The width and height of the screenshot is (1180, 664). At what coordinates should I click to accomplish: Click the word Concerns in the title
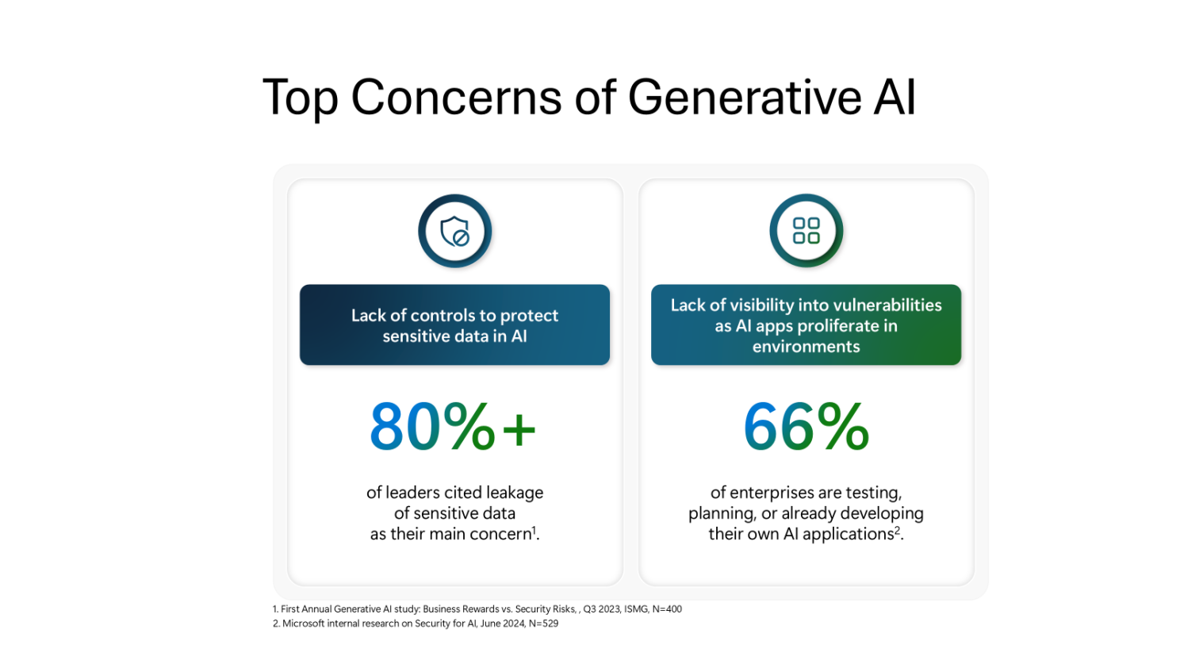[x=456, y=97]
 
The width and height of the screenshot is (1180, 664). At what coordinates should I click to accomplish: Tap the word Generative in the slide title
[x=745, y=97]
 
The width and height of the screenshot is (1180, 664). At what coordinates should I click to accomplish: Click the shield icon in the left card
[x=454, y=232]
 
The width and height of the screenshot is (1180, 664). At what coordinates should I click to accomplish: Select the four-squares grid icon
[x=806, y=231]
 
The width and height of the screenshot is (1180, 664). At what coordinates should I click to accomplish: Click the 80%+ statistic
[x=453, y=426]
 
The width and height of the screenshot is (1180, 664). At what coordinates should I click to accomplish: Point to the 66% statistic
[x=806, y=426]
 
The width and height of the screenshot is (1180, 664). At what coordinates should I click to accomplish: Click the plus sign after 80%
[x=519, y=429]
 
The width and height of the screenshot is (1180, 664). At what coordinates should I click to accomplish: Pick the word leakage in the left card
[x=515, y=493]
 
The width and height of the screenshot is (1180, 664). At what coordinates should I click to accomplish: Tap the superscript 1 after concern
[x=534, y=530]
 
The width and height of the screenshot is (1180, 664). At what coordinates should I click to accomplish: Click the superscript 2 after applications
[x=897, y=530]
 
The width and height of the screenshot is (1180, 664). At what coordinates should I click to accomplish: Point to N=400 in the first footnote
[x=667, y=609]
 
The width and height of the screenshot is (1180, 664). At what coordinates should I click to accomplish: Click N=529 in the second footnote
[x=543, y=624]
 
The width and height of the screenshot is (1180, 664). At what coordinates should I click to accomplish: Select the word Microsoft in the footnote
[x=304, y=624]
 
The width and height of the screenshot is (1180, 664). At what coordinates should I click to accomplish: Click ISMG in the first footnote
[x=636, y=609]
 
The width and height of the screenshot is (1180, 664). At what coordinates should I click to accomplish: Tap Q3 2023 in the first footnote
[x=602, y=609]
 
